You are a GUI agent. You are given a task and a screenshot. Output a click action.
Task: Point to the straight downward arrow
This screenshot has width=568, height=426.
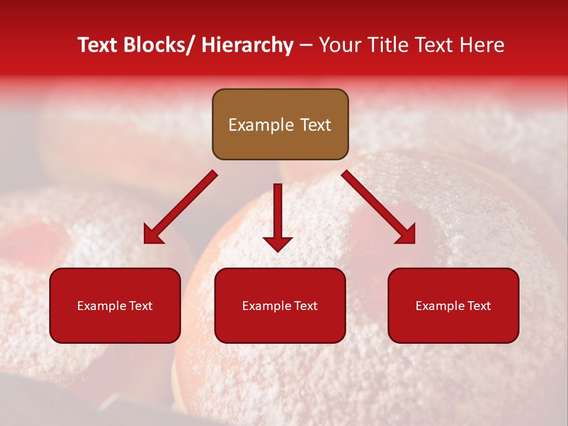pos(277,213)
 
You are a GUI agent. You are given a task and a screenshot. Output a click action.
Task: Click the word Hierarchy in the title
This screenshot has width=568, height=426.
pos(247,46)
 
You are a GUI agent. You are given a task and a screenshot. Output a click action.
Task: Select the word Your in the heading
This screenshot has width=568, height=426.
pos(340,46)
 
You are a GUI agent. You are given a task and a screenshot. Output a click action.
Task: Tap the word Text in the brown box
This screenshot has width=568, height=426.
pos(315,125)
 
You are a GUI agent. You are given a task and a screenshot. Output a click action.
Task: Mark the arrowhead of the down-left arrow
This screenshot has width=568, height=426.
pos(153,235)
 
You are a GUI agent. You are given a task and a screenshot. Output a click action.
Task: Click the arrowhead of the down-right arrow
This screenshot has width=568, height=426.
pos(406,234)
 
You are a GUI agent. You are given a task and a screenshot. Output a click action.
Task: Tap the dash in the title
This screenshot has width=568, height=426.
pos(306,46)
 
